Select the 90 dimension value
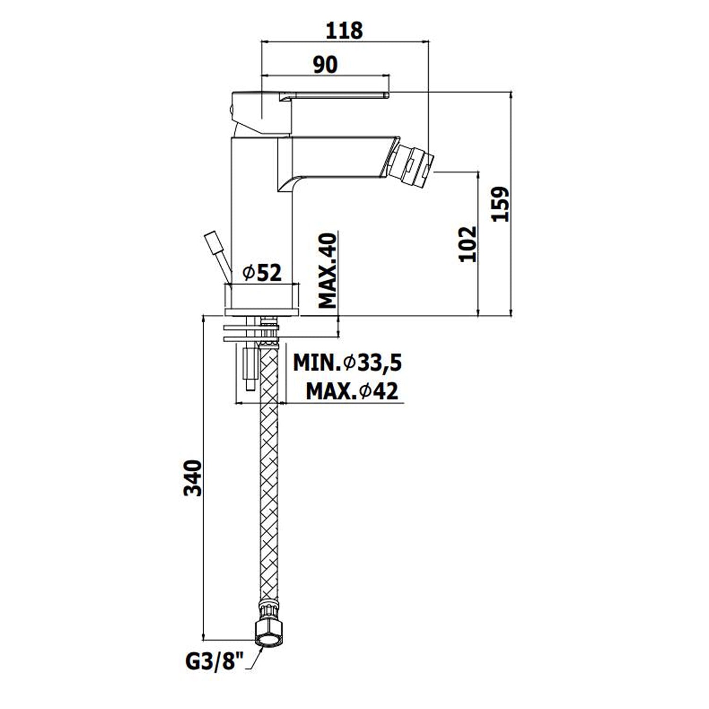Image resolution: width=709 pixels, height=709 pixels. (325, 64)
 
